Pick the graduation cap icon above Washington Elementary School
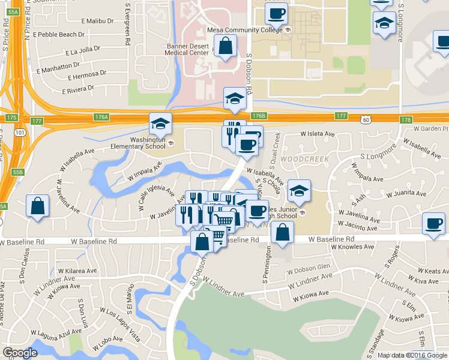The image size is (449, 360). coord(160,124)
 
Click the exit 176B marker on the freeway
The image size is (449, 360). coord(258,115)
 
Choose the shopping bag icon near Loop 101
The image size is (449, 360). coord(38,206)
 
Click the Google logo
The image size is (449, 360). coord(20,353)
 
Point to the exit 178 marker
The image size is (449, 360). coord(407,120)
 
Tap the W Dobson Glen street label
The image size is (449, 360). coord(309,268)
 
